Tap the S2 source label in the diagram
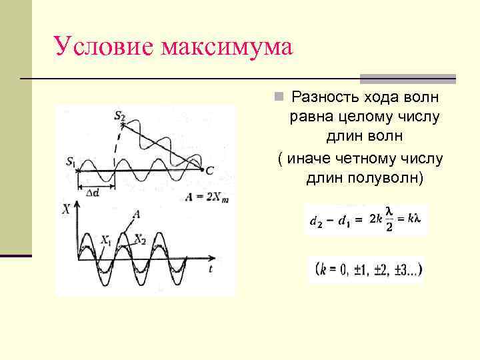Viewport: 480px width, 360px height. [x=119, y=117]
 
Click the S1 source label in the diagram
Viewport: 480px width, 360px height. [x=71, y=161]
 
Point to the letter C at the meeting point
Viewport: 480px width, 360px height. [x=209, y=171]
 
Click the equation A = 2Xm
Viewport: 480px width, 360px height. [x=207, y=196]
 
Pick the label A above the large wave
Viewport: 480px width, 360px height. [x=136, y=214]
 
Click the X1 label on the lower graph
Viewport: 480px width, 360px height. [x=106, y=239]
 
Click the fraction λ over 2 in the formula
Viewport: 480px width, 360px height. [x=389, y=219]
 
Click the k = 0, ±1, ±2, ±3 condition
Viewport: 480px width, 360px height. [x=367, y=271]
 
